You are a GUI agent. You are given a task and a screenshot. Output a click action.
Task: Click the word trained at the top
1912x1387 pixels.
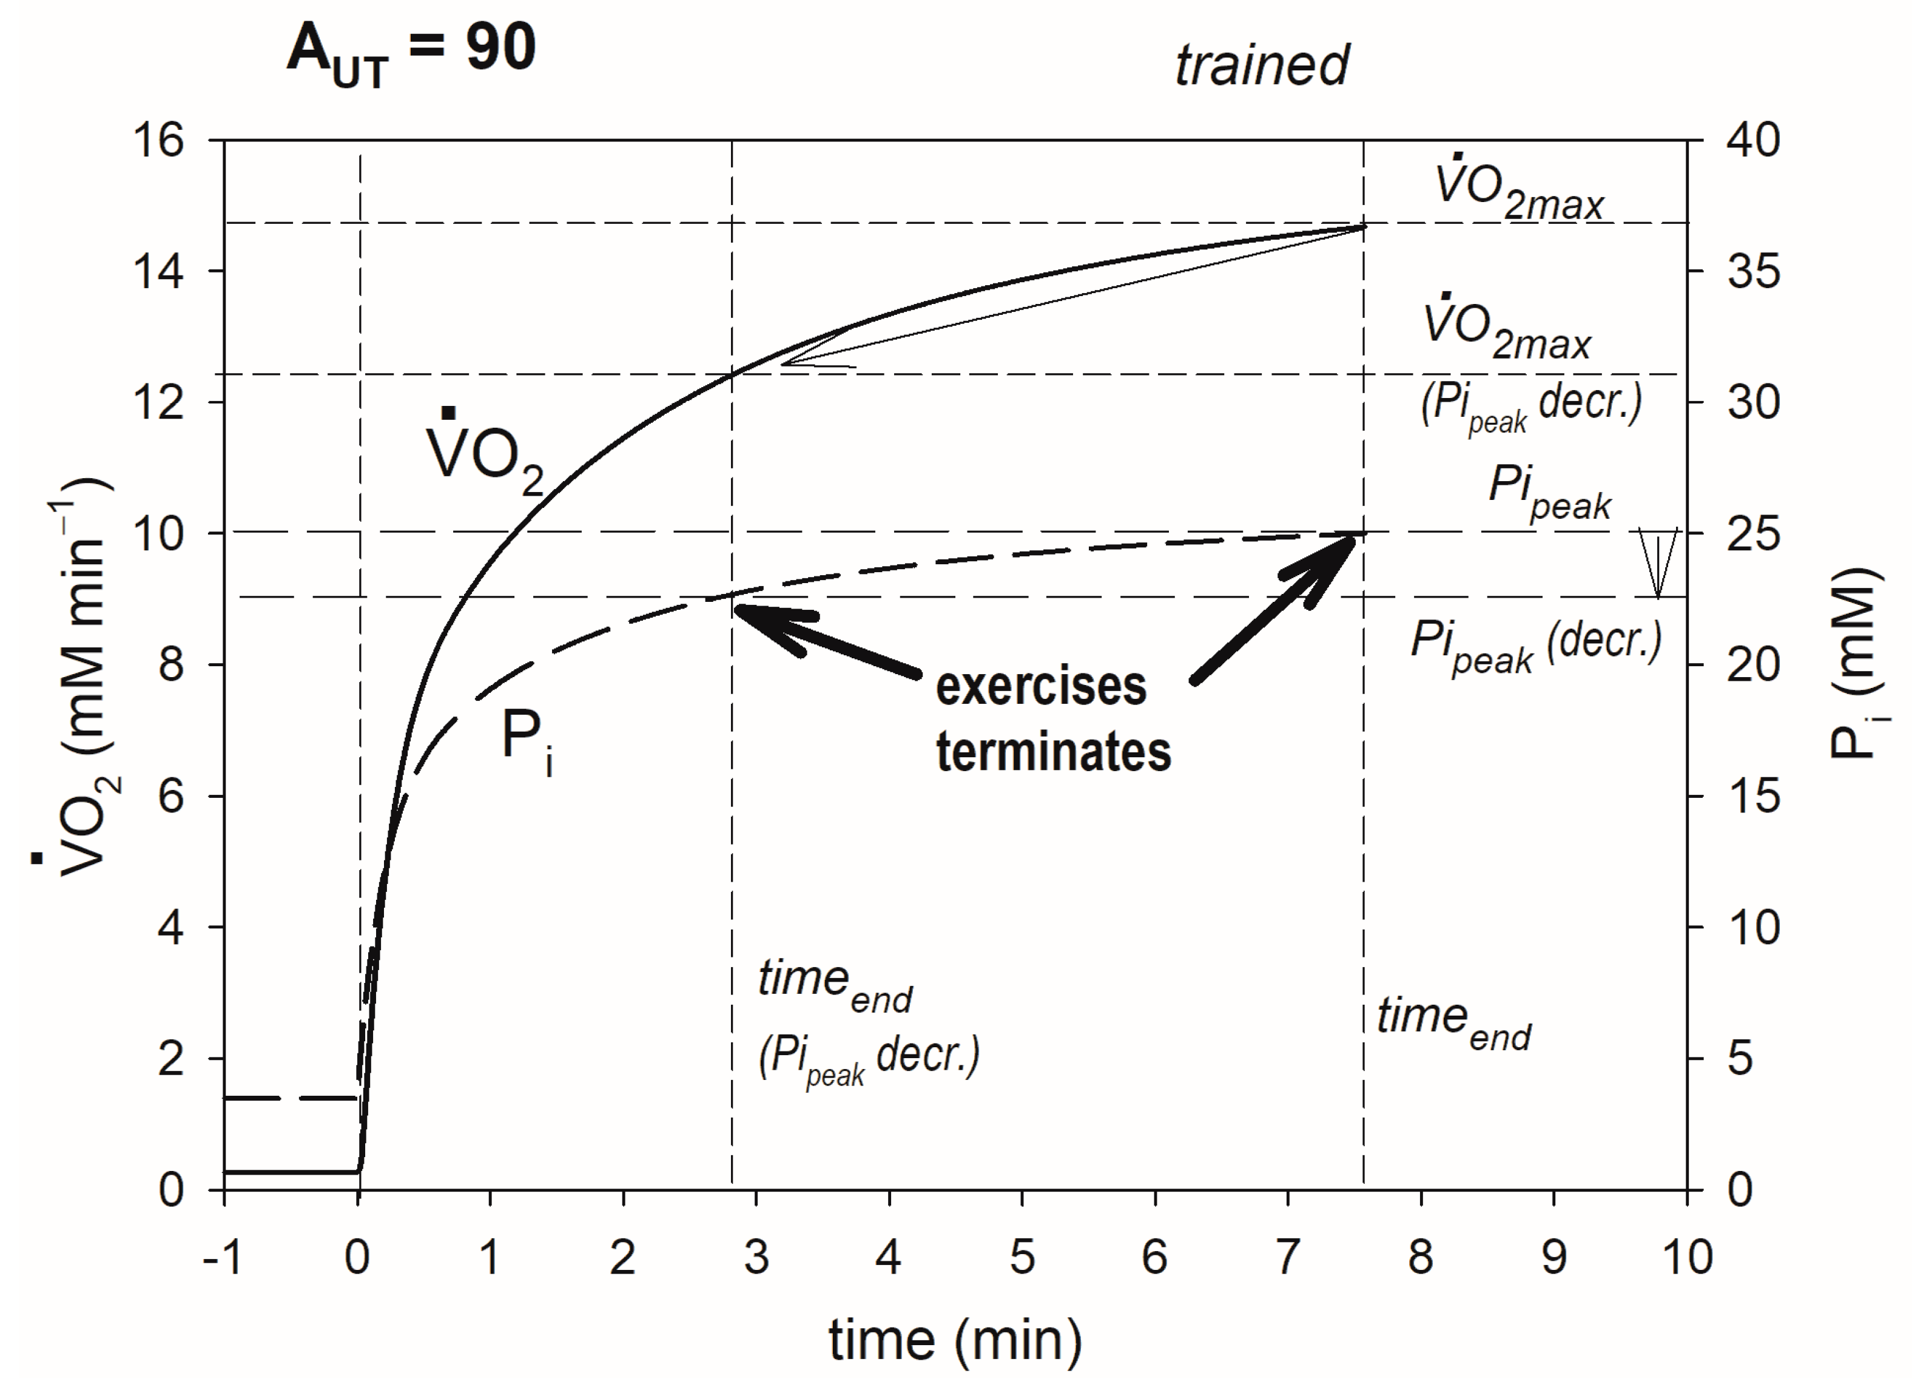1261,65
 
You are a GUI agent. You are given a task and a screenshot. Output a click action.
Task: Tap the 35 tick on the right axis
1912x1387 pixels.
1754,271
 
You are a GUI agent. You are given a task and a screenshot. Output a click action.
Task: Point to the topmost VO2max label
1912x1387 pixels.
1518,190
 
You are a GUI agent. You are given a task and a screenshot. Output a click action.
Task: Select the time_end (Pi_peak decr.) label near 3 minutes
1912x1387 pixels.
867,1021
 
